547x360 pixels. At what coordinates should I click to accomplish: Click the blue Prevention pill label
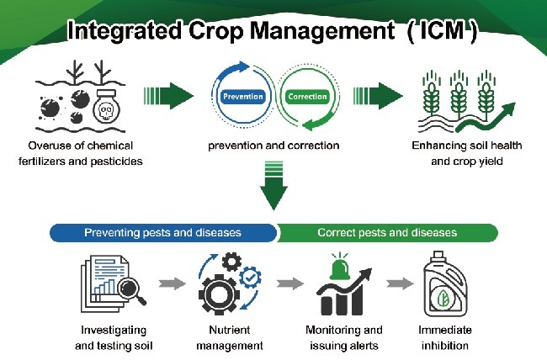coord(243,97)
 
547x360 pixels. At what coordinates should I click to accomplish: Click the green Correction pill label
coord(307,97)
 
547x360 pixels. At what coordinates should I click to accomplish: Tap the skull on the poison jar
coord(105,112)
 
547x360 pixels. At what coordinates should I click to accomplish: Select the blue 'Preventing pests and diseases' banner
coord(163,233)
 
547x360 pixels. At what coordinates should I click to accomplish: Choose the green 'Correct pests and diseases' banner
coord(388,233)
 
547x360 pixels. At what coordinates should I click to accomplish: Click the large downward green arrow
coord(273,186)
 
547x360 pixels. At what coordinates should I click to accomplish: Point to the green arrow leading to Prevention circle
coord(168,96)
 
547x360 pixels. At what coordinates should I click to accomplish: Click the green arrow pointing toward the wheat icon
coord(378,96)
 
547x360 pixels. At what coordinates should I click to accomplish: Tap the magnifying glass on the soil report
coord(130,290)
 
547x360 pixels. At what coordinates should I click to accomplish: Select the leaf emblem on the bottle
coord(443,299)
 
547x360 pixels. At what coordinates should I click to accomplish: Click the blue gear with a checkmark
coord(250,278)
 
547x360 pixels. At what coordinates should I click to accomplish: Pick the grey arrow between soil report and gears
coord(173,283)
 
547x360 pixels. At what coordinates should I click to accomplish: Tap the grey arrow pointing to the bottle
coord(400,283)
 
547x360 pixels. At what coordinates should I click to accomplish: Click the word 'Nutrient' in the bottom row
coord(229,330)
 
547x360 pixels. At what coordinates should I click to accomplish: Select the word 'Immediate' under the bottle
coord(445,330)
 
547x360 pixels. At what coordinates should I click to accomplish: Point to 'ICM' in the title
coord(443,30)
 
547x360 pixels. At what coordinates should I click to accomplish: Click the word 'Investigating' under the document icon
coord(114,331)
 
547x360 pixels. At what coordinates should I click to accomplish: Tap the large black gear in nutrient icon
coord(219,294)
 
